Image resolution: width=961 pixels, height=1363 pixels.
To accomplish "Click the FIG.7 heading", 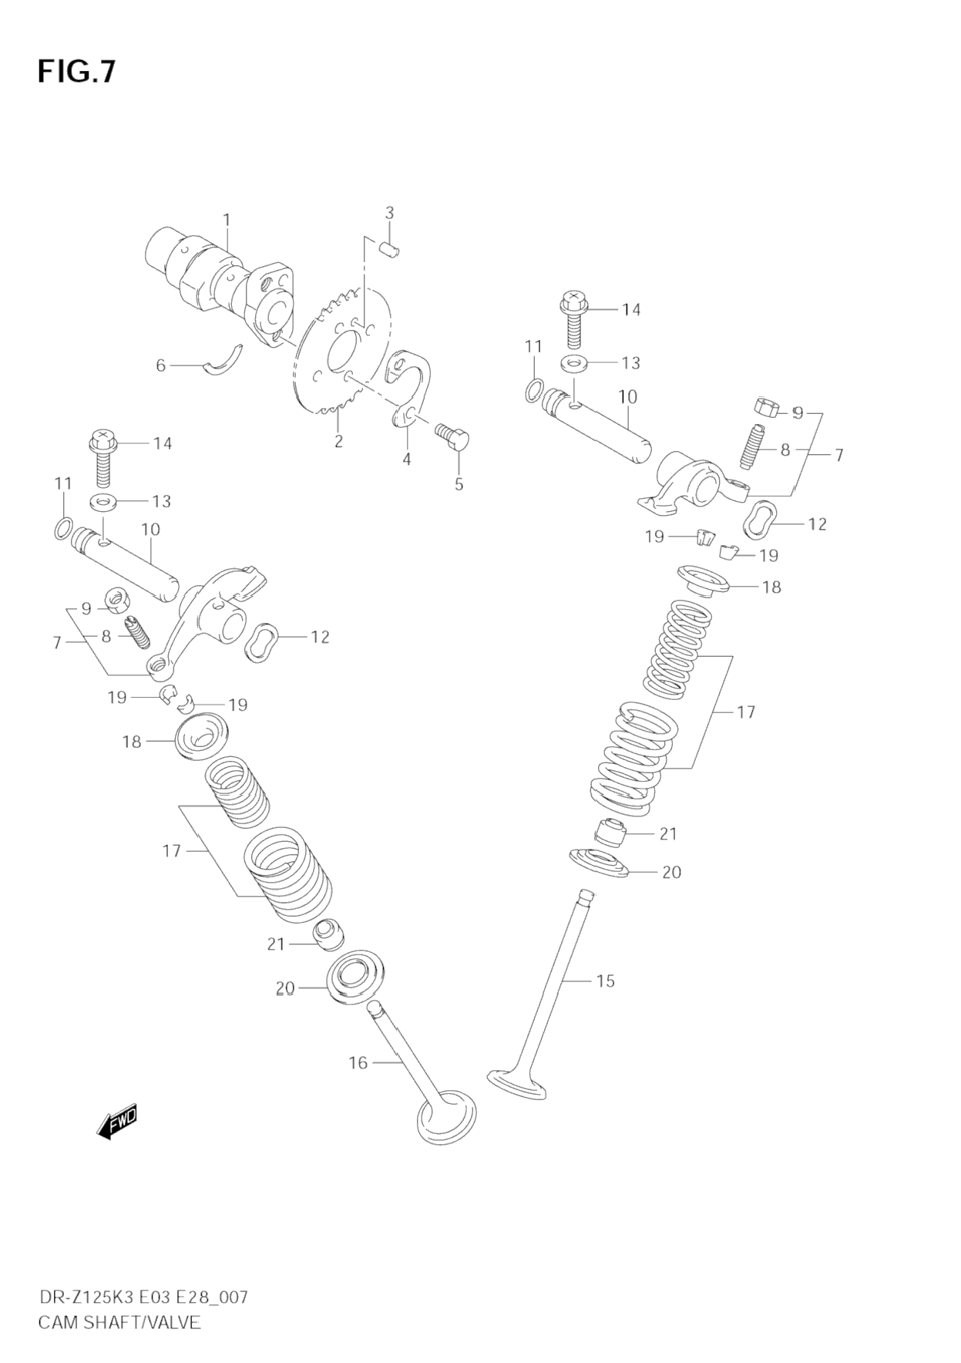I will pyautogui.click(x=76, y=71).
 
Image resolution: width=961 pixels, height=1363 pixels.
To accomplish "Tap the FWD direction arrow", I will pyautogui.click(x=118, y=1121).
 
